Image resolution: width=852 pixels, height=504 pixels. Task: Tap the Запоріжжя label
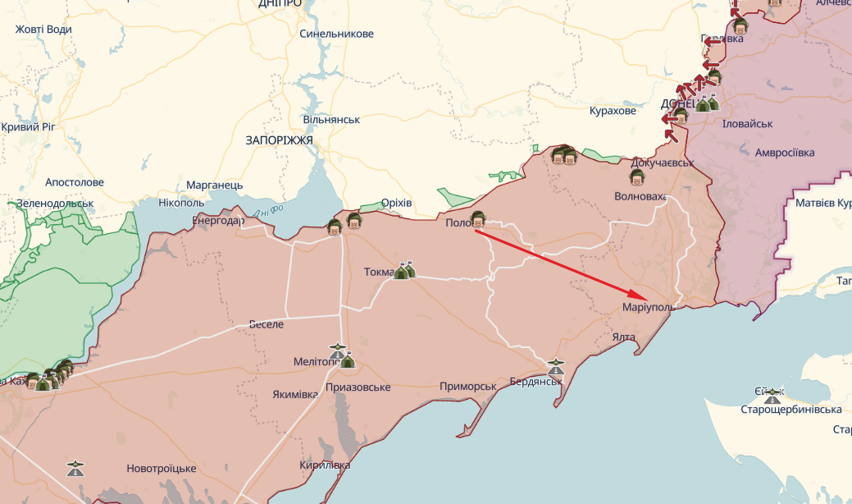(279, 140)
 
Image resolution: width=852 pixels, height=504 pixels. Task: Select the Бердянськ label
(535, 383)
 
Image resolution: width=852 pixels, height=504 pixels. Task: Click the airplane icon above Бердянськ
(556, 364)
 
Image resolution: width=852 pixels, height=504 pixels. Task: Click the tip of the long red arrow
(647, 297)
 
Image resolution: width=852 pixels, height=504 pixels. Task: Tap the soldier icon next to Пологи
(478, 218)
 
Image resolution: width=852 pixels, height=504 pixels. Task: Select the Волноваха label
(640, 197)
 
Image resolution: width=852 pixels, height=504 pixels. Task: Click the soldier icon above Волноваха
(636, 177)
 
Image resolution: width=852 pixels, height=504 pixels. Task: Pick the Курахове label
(613, 111)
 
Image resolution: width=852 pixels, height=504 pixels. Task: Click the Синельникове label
(336, 34)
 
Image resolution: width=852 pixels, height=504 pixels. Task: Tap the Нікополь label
(181, 202)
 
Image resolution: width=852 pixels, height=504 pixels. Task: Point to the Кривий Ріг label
(27, 127)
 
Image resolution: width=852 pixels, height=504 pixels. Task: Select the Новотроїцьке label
(161, 469)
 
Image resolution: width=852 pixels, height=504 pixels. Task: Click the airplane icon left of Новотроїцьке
(75, 469)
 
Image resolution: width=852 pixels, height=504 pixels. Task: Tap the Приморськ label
(468, 387)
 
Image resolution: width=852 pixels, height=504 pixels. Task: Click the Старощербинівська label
(790, 410)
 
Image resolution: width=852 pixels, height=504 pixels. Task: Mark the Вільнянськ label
(331, 120)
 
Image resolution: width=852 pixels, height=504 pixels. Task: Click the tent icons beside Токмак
(404, 270)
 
